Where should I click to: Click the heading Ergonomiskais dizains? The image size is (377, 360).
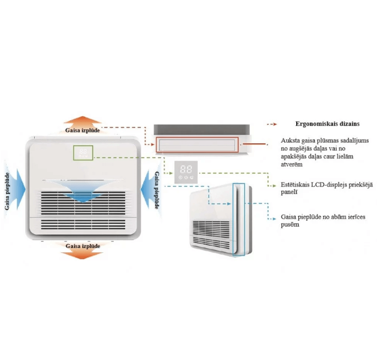[x=327, y=124]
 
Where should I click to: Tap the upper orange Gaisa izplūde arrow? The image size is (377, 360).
[x=83, y=122]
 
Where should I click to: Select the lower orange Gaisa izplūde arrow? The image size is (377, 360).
[x=82, y=253]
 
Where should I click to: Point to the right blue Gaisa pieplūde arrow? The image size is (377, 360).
[x=148, y=189]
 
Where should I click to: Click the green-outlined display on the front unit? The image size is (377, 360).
[x=83, y=153]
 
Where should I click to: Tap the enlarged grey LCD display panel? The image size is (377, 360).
[x=186, y=172]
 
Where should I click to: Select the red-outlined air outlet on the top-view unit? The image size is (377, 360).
[x=197, y=145]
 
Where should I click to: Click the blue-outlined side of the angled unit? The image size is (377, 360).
[x=239, y=219]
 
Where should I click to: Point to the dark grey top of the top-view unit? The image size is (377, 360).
[x=201, y=130]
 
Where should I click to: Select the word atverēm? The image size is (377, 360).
[x=292, y=164]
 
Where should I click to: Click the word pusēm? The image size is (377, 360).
[x=290, y=225]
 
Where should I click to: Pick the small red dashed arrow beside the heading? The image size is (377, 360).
[x=272, y=124]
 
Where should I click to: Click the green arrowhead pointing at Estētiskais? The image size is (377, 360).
[x=274, y=186]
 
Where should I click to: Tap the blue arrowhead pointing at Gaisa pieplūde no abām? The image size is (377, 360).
[x=274, y=219]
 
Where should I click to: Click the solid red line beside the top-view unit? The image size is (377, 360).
[x=255, y=144]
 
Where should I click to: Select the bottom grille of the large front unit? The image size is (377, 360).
[x=83, y=224]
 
